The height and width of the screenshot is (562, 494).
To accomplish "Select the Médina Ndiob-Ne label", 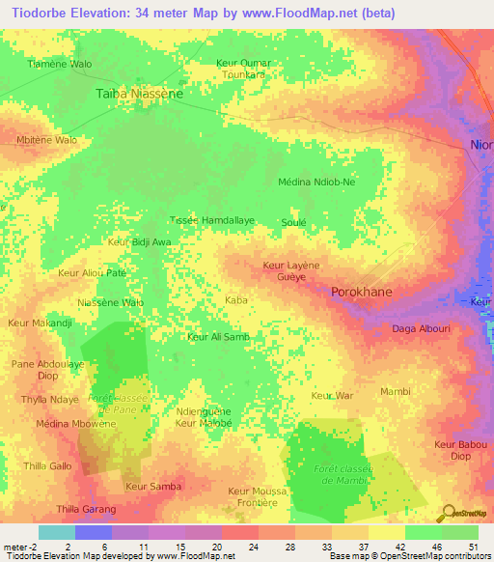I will pos(316,182).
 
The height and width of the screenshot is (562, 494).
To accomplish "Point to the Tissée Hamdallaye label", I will pos(212,220).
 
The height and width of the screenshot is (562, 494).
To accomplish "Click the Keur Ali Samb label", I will pos(218,336).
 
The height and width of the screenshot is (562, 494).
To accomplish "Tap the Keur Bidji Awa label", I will pos(140,241).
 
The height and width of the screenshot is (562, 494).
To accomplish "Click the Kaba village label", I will pos(236,300).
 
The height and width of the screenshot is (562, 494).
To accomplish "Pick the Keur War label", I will pos(333,395).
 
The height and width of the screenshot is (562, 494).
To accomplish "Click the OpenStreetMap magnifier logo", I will pos(449,512).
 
